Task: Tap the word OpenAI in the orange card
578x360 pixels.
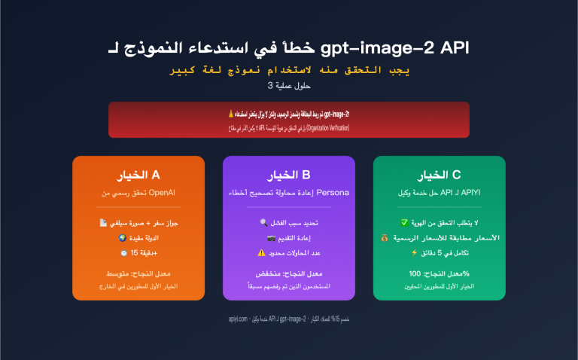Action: pos(163,193)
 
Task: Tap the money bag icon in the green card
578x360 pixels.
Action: pos(385,237)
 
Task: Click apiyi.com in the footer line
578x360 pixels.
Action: pos(238,319)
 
